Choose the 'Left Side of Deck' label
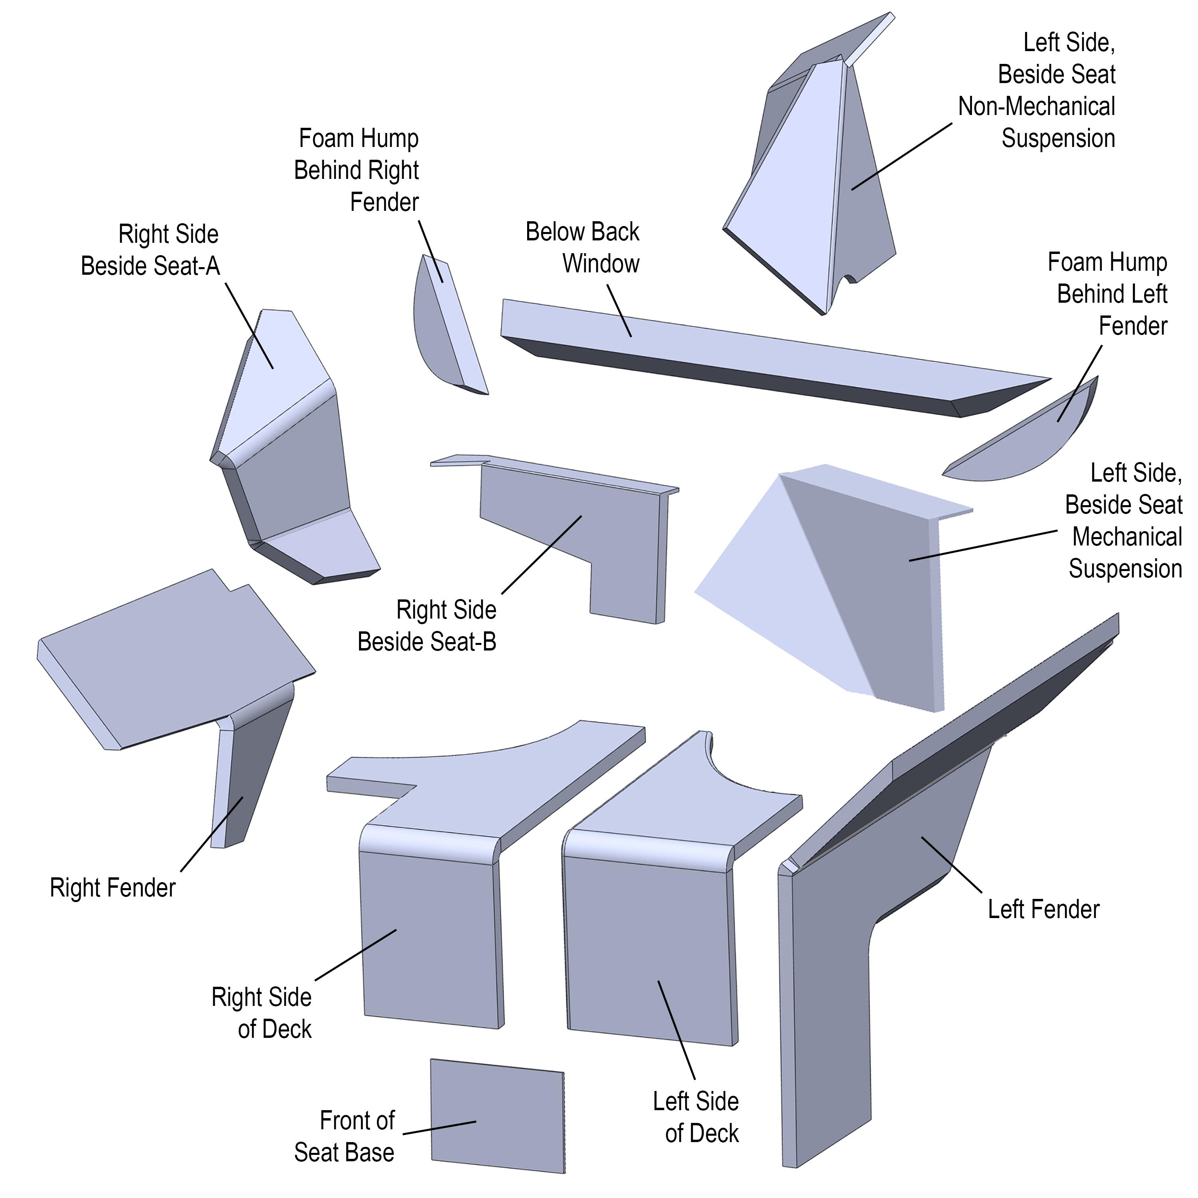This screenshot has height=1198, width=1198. pyautogui.click(x=696, y=1117)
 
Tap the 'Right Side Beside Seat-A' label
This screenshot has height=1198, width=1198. pyautogui.click(x=151, y=250)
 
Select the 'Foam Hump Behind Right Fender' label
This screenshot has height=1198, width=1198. pyautogui.click(x=357, y=170)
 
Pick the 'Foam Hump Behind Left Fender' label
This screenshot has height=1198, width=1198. pyautogui.click(x=1107, y=294)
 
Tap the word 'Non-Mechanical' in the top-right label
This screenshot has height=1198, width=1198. pyautogui.click(x=1036, y=107)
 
